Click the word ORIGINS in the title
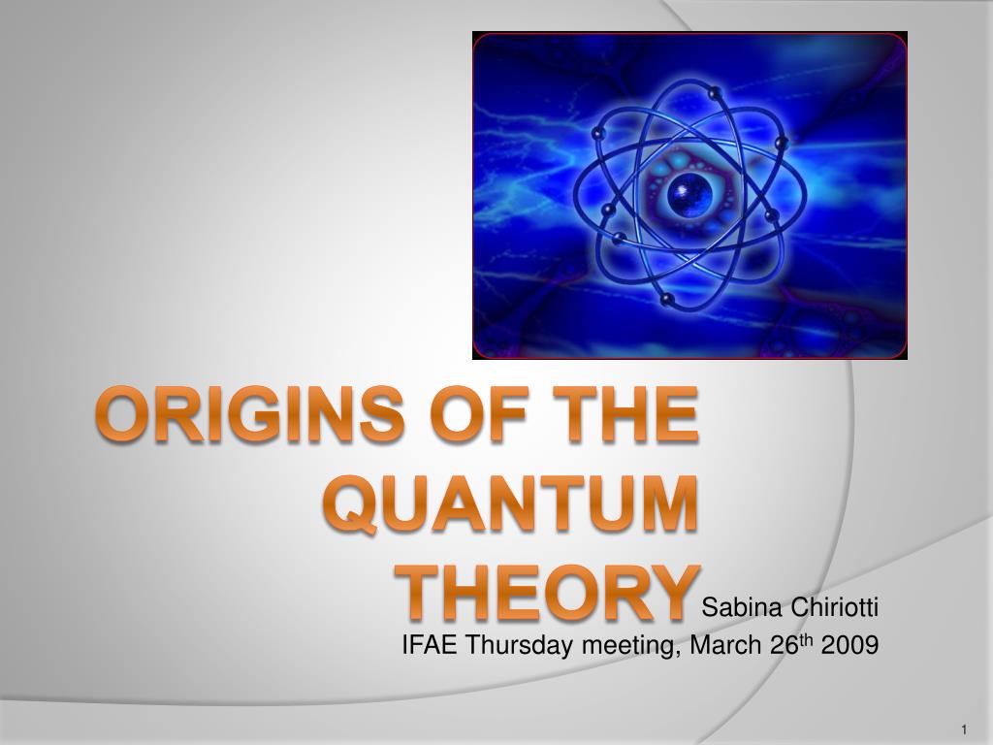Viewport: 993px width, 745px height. coord(250,415)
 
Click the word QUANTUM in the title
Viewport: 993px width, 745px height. coord(510,504)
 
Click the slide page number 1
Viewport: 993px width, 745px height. coord(964,729)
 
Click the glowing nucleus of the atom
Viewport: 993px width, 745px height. coord(686,191)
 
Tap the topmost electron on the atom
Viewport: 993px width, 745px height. coord(716,94)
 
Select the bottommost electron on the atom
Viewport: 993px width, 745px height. coord(666,299)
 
